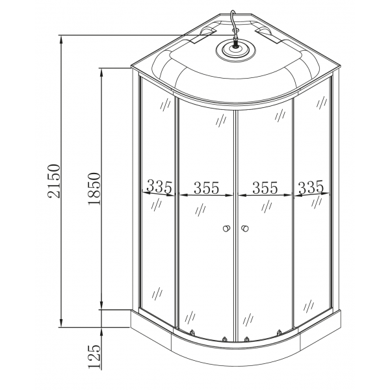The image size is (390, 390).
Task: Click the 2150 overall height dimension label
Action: (55, 181)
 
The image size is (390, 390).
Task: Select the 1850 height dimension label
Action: (95, 188)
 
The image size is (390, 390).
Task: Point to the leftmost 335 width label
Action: (159, 187)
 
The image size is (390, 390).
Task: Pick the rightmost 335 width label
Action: (311, 187)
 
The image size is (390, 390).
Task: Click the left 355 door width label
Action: (205, 188)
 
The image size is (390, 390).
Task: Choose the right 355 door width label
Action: (265, 188)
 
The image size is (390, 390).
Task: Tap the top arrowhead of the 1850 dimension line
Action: (101, 71)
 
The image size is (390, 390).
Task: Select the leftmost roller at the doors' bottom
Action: (193, 334)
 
